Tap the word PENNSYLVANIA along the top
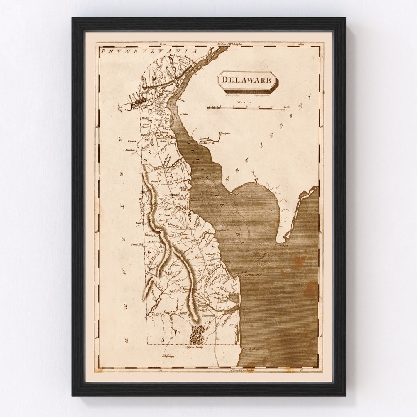click(148, 51)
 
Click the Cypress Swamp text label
click(195, 347)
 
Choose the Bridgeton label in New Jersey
click(225, 134)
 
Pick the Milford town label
click(194, 241)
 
